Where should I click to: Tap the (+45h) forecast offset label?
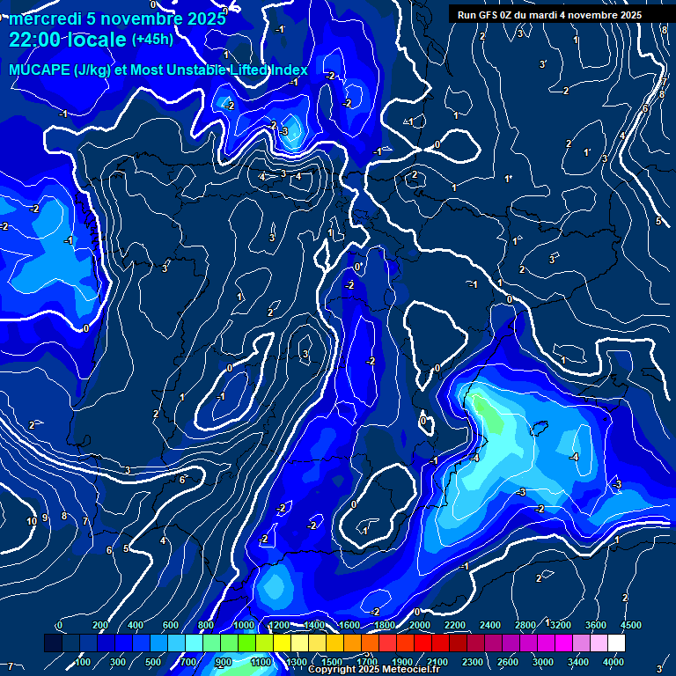click(x=152, y=39)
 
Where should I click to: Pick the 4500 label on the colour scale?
click(x=629, y=625)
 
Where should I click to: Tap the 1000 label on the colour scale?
click(x=243, y=625)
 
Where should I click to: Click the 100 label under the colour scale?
click(x=84, y=662)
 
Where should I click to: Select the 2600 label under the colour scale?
click(x=508, y=662)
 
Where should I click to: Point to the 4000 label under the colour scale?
click(x=614, y=662)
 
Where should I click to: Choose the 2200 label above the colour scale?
click(x=455, y=625)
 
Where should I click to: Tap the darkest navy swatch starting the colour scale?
click(x=52, y=643)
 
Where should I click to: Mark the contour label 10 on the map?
click(x=32, y=521)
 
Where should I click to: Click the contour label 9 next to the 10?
click(x=45, y=518)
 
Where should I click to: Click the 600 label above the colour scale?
click(x=172, y=625)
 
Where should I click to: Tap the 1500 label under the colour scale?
click(x=332, y=662)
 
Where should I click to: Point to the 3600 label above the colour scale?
click(x=596, y=625)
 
